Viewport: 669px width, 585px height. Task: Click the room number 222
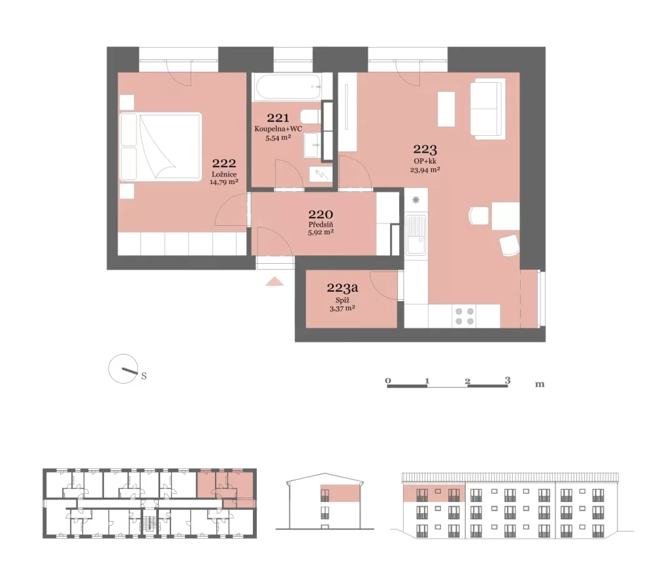tap(224, 163)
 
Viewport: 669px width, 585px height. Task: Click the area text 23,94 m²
tap(425, 169)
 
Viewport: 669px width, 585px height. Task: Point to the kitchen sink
tap(416, 234)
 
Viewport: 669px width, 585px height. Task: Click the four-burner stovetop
tap(465, 316)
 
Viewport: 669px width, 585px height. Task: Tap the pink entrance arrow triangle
tap(274, 281)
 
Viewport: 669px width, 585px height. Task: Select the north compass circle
tap(123, 369)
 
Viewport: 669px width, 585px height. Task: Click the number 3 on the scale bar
tap(507, 380)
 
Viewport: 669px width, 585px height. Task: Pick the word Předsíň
tap(321, 225)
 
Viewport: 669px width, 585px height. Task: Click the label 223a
tap(342, 288)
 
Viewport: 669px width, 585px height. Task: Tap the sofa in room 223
tap(487, 109)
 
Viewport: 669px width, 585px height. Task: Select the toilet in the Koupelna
tap(310, 116)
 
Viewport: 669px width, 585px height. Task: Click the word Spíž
tap(342, 300)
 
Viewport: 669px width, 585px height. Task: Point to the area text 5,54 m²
tap(278, 138)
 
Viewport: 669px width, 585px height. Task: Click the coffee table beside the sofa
tap(446, 109)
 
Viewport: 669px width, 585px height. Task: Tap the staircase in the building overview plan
tap(148, 524)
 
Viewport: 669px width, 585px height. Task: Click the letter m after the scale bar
tap(540, 384)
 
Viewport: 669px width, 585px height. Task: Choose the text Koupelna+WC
tap(278, 129)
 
